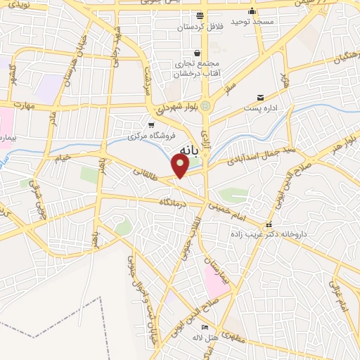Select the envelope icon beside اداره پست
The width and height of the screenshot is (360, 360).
261,98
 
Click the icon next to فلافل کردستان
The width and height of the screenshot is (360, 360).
200,15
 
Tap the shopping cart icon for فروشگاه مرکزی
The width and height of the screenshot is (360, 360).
152,124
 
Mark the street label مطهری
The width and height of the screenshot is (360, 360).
233,337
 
